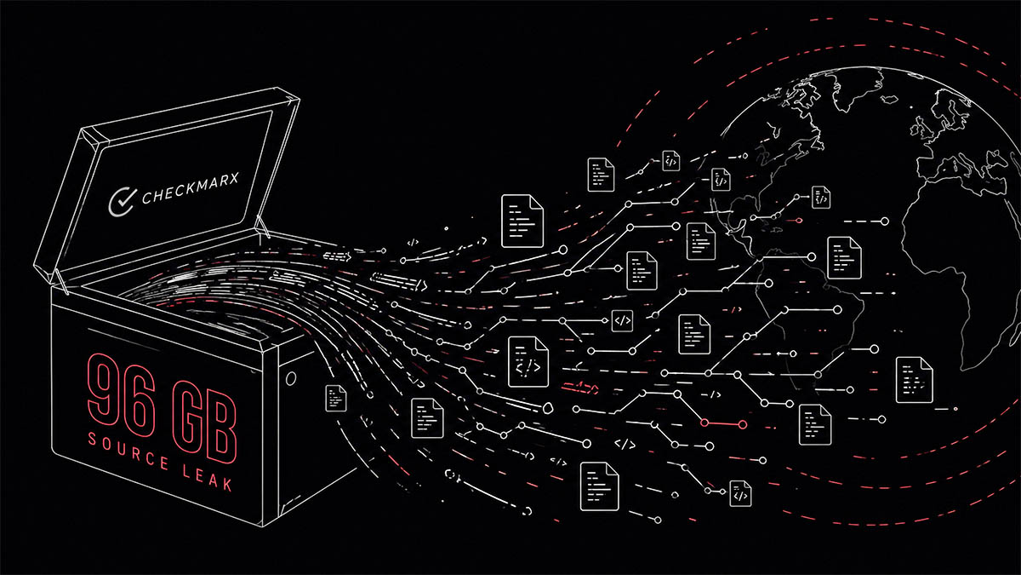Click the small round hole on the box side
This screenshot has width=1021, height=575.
tap(292, 376)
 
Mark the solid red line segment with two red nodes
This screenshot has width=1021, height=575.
tap(723, 423)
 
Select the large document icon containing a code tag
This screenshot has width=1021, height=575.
tap(528, 362)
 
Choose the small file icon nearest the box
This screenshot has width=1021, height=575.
tap(337, 399)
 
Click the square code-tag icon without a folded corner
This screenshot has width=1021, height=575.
tap(623, 321)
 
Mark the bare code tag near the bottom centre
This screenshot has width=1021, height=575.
tap(625, 444)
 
